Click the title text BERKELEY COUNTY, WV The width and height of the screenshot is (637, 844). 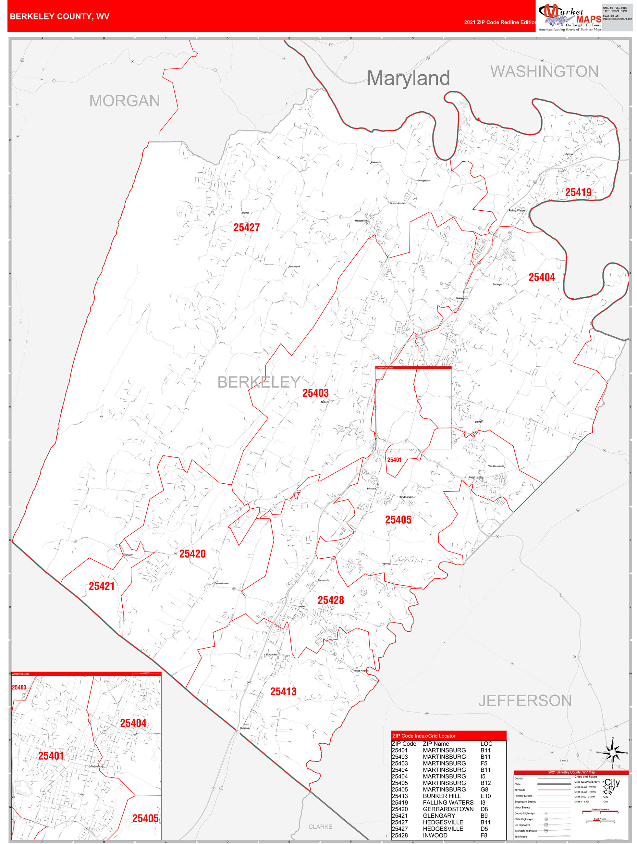tap(59, 17)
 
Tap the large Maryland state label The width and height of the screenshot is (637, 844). tap(408, 78)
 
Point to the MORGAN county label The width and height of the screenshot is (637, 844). tap(124, 101)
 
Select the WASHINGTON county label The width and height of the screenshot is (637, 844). tap(544, 72)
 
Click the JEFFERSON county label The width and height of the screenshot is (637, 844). tap(525, 701)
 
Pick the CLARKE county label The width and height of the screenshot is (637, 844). tap(320, 826)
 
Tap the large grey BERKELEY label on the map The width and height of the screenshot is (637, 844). tap(259, 382)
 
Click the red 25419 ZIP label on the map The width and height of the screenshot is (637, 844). tap(578, 192)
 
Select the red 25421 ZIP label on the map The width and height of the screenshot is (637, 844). tap(102, 586)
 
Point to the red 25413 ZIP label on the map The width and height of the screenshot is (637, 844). tap(283, 691)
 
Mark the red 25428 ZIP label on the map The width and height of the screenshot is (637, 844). tap(331, 600)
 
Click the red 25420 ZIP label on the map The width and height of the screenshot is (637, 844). tap(192, 554)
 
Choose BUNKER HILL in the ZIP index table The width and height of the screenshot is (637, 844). tap(441, 796)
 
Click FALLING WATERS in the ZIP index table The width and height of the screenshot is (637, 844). tap(448, 802)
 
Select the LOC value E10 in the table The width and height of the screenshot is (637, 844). tap(485, 796)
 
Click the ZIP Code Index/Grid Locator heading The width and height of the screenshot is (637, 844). tap(424, 736)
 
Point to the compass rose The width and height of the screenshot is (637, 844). tap(612, 752)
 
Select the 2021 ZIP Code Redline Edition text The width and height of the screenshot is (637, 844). tap(500, 22)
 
